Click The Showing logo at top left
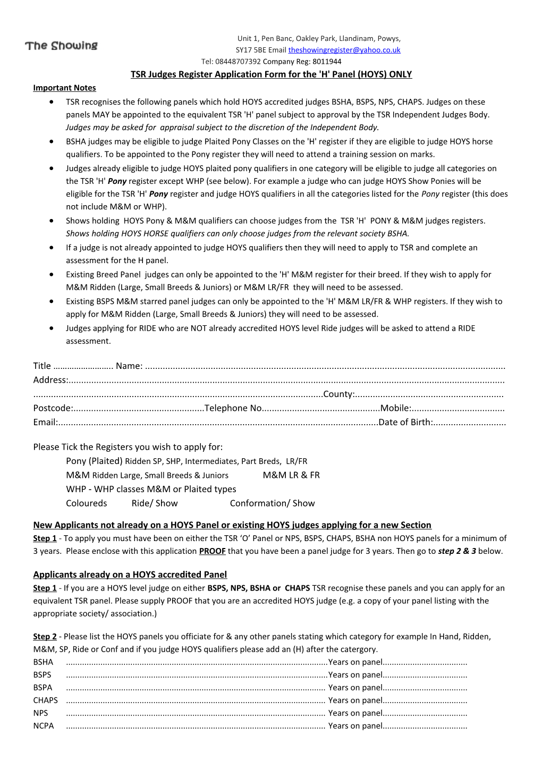[61, 46]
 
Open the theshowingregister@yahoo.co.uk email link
[344, 50]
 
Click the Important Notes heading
[64, 88]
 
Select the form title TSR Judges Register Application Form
[271, 74]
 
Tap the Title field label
[42, 366]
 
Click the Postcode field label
[52, 408]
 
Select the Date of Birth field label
[405, 423]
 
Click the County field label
[338, 394]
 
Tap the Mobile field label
[395, 408]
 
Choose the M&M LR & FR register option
[291, 475]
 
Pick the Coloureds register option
[86, 503]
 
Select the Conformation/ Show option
[272, 503]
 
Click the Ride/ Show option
[155, 503]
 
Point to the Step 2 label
[45, 637]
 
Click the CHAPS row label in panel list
[45, 701]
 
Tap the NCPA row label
[43, 726]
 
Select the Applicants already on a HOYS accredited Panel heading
[130, 575]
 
